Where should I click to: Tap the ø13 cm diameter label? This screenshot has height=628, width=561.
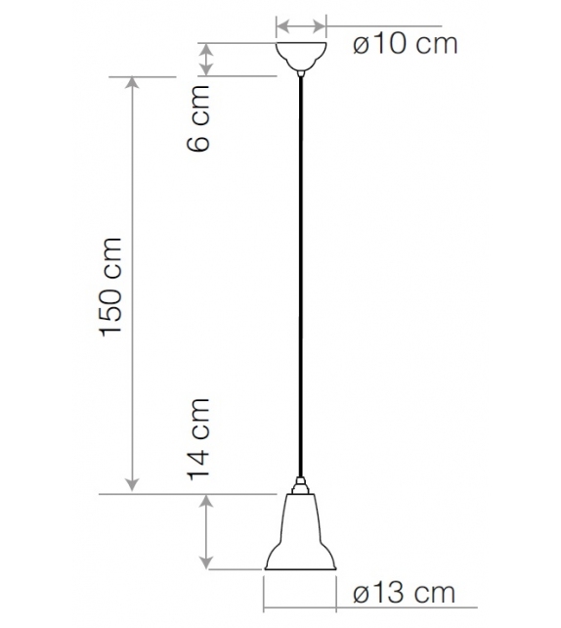click(402, 593)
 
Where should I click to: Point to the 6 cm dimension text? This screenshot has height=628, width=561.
click(198, 128)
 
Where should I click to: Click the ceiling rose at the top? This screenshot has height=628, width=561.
click(301, 55)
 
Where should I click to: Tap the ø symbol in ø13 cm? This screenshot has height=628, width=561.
click(359, 594)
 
